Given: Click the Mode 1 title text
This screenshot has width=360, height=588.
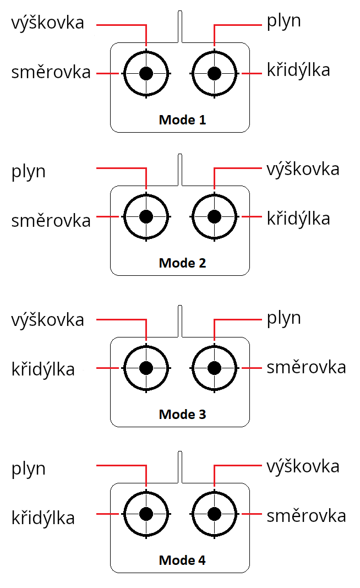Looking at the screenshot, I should click(x=182, y=119).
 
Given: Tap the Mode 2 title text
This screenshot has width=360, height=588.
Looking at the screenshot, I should click(x=182, y=263).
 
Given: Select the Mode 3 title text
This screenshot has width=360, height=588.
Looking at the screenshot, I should click(x=182, y=414).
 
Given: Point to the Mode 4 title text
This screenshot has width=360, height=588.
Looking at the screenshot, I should click(x=182, y=560).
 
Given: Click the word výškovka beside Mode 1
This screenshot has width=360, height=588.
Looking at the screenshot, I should click(x=48, y=23).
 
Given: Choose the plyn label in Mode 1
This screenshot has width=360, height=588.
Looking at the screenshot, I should click(x=284, y=22).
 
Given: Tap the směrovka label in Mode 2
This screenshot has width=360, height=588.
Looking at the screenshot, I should click(x=51, y=220).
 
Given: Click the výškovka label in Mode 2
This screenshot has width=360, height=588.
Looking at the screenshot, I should click(x=303, y=169).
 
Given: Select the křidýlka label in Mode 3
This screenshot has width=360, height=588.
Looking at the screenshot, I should click(x=43, y=369).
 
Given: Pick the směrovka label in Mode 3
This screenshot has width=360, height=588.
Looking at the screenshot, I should click(x=306, y=367).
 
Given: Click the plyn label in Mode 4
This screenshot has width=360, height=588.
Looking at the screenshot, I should click(x=29, y=470).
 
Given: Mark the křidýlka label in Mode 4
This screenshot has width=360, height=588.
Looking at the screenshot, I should click(x=43, y=518).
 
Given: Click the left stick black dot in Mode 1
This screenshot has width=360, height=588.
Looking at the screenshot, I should click(x=146, y=73).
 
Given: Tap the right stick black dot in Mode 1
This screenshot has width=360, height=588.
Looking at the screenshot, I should click(x=214, y=73).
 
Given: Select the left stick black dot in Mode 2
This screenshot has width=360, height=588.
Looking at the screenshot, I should click(x=146, y=216).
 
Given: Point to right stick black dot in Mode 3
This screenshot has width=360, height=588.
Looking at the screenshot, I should click(x=214, y=367).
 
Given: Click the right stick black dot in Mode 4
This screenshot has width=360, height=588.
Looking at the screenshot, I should click(x=214, y=514).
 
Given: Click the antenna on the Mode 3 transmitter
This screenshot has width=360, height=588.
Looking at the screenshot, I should click(x=180, y=321).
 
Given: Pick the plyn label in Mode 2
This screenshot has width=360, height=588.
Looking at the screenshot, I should click(x=29, y=172).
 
